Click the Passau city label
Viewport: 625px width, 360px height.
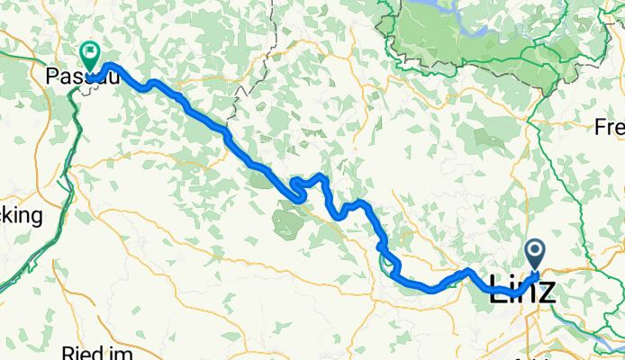[72, 77]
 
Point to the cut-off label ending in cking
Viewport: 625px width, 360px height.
[21, 216]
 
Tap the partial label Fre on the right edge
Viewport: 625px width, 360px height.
[610, 128]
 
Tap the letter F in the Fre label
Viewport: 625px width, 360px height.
[599, 128]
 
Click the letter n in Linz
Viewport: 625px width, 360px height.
[524, 292]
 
